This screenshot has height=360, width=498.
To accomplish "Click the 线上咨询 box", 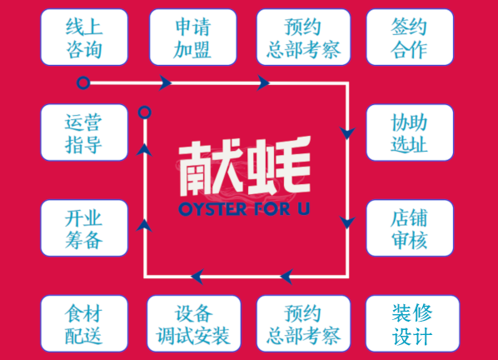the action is pos(84,37).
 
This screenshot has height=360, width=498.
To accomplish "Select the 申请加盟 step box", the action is pos(193,37).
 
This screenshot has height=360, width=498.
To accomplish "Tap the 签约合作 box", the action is pos(410,37).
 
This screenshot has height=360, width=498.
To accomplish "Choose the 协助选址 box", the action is pos(410,132).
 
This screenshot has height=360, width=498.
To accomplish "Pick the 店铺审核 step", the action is pos(410,227).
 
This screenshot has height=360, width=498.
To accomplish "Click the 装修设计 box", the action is pos(412,323).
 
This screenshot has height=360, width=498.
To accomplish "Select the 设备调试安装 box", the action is pos(194,323).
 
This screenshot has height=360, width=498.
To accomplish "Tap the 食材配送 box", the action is pos(84,323).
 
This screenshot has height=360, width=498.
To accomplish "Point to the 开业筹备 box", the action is pos(84,227).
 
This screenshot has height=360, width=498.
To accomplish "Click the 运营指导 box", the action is pos(84,132).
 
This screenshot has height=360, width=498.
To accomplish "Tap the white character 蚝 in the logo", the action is pos(279,166).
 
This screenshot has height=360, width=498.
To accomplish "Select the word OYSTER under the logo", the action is pos(212,209).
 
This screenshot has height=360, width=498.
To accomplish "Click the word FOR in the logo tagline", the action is pos(271,209).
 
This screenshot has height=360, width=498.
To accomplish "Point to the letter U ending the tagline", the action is pos(303,209).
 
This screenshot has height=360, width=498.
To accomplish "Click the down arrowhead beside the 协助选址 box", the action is pos(347,133).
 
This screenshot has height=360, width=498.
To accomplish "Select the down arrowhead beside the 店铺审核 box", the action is pos(347,222).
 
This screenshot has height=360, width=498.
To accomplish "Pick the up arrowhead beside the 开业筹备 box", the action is pos(145,225).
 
